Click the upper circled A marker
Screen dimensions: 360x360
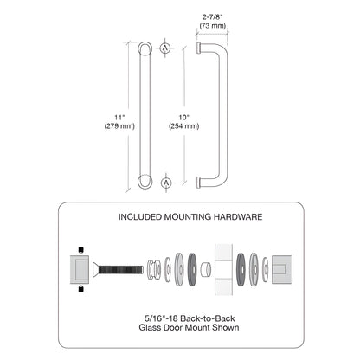[167, 48]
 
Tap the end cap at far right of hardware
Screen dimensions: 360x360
[283, 267]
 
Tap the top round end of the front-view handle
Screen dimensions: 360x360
[145, 48]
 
